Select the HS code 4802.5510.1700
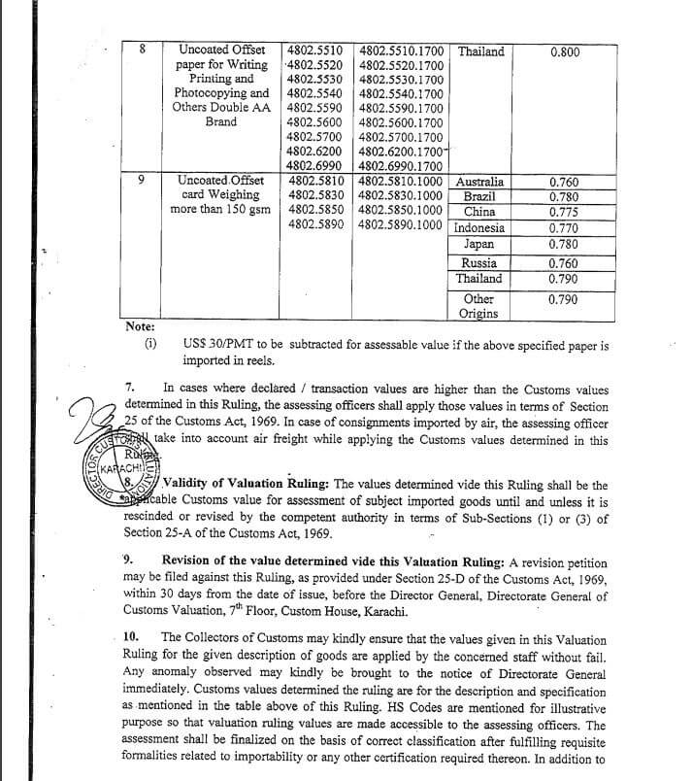tap(401, 51)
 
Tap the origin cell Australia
tap(479, 182)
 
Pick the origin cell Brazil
tap(479, 196)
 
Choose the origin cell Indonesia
tap(479, 229)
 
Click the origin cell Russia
tap(479, 263)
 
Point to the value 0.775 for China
tap(564, 212)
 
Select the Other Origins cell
tap(479, 306)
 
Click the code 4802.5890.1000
tap(401, 226)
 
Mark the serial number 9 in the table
tap(143, 181)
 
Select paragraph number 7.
tap(130, 387)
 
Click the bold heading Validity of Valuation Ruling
tap(247, 484)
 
